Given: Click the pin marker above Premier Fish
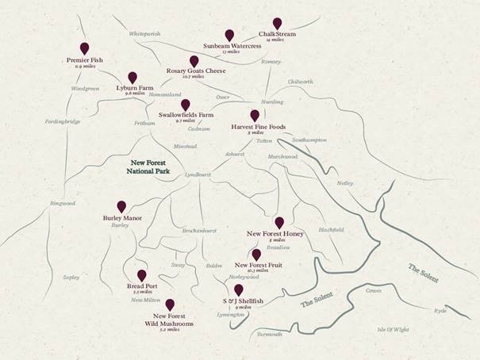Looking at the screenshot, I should (x=85, y=48).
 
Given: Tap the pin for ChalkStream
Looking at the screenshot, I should (x=277, y=23).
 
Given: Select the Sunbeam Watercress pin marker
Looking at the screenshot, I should (x=229, y=35).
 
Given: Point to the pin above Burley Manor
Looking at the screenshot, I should (x=121, y=206).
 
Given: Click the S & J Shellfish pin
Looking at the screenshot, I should (x=238, y=290).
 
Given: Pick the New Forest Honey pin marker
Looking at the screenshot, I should (x=278, y=222).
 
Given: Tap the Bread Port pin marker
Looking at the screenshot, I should (x=142, y=275).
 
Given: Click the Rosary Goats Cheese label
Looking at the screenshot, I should (x=196, y=71).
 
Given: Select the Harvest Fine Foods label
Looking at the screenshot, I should (x=259, y=126).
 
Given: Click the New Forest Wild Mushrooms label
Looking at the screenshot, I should (x=169, y=320).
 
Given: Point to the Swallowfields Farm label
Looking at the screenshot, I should (x=186, y=114).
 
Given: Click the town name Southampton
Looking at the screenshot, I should (x=309, y=140).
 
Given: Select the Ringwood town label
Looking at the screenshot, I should (x=61, y=204).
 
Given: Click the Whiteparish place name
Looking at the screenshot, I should (x=144, y=34).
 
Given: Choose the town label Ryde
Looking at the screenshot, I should (x=440, y=310).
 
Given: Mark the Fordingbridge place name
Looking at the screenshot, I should (x=63, y=121).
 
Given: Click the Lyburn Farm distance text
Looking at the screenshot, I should (x=134, y=94).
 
